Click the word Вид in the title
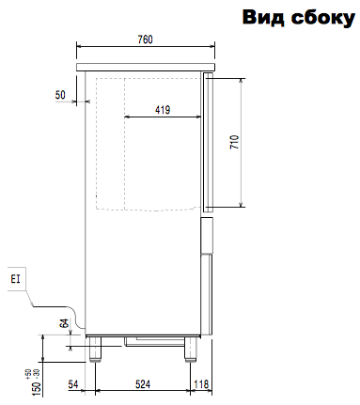coord(263,17)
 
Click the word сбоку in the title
coord(323,19)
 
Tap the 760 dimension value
coord(145,39)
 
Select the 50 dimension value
coord(60,95)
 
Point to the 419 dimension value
coord(163,110)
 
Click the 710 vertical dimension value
coord(234,142)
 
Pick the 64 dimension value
coord(64,323)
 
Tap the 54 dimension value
coord(73,384)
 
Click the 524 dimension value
coord(143,384)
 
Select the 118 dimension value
coord(201,384)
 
